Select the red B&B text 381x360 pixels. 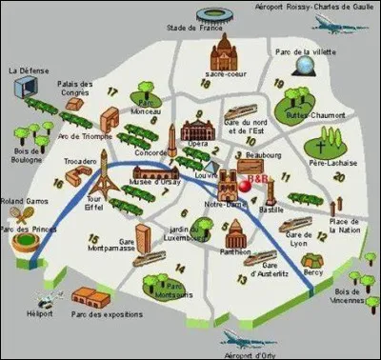(x=257, y=178)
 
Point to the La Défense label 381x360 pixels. (x=28, y=70)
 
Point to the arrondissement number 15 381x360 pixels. (x=93, y=239)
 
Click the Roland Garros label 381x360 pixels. (x=25, y=201)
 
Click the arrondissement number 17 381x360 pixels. (x=111, y=91)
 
